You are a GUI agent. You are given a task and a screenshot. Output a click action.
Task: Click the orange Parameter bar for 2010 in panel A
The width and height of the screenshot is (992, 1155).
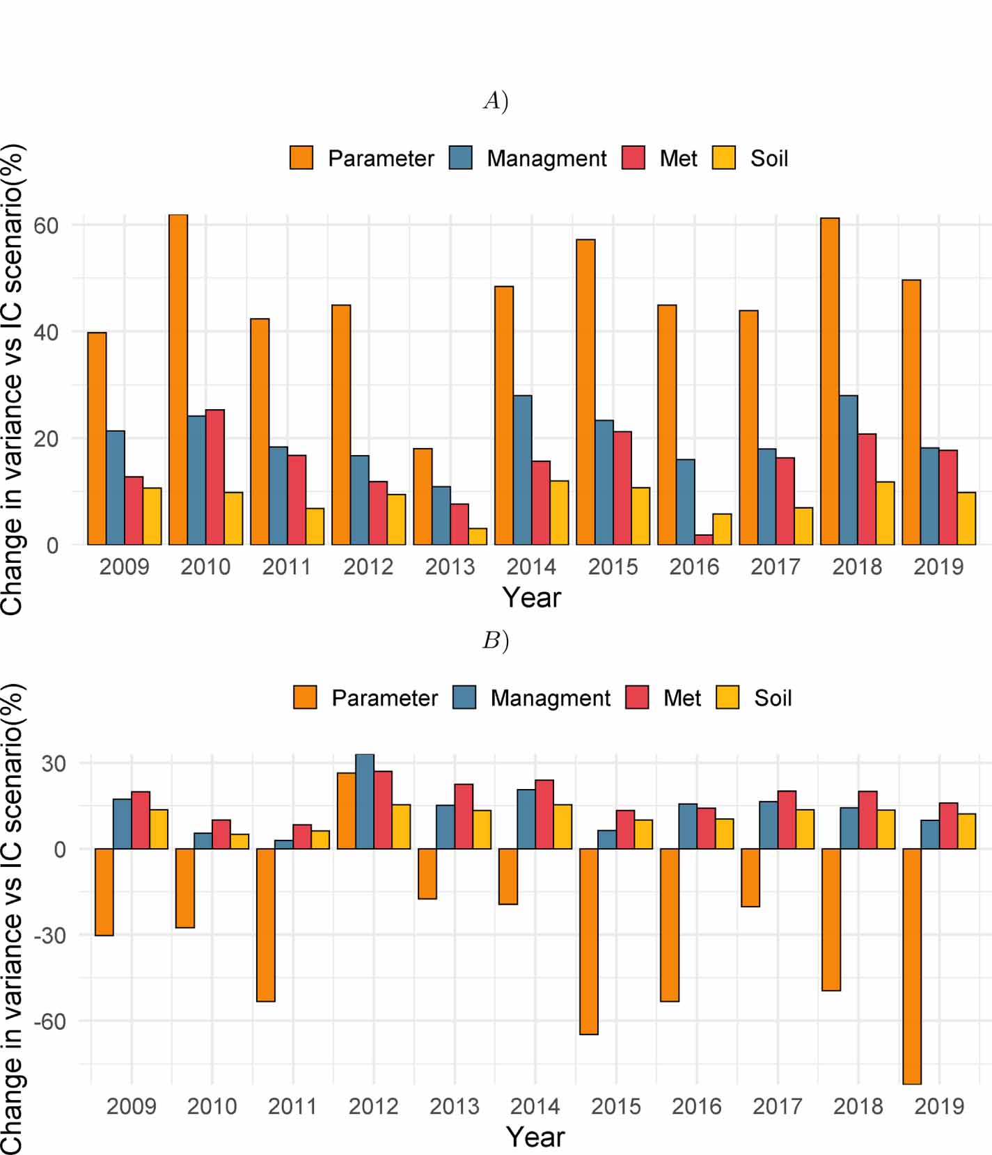point(178,379)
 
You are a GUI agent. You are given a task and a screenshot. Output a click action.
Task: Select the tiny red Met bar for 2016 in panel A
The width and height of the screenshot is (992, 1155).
point(703,540)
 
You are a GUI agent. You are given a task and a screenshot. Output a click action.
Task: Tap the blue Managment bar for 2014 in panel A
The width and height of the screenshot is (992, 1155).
point(522,470)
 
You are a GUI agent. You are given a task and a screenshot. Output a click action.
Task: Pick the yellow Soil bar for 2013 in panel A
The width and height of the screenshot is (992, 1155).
point(478,536)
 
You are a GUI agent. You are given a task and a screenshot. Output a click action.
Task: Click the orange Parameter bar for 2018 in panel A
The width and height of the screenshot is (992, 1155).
point(829,381)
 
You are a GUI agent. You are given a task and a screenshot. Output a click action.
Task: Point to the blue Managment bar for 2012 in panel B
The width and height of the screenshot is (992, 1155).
point(365,802)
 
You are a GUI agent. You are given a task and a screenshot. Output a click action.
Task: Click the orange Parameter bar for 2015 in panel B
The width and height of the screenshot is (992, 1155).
point(588,941)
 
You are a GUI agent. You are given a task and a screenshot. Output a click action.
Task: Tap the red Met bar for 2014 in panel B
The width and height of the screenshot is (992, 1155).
point(544,814)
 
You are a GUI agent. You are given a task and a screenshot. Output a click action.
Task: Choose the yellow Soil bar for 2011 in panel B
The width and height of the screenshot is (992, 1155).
point(320,840)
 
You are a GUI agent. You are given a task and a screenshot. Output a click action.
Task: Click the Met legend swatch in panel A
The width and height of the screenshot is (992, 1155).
point(633,158)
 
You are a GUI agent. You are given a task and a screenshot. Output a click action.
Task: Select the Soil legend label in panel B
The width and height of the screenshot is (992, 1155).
point(773,698)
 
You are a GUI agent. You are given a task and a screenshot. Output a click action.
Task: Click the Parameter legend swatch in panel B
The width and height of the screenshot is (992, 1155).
point(305,697)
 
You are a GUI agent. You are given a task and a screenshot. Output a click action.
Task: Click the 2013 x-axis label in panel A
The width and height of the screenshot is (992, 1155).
point(450,567)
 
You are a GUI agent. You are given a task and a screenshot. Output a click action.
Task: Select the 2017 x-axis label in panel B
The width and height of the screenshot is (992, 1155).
point(777,1106)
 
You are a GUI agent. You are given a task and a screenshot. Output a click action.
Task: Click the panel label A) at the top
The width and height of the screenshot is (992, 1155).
point(496,102)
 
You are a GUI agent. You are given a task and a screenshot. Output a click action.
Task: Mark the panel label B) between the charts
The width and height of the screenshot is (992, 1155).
point(496,640)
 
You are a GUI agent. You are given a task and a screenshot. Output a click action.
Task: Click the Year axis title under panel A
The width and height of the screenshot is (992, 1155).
point(532,598)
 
